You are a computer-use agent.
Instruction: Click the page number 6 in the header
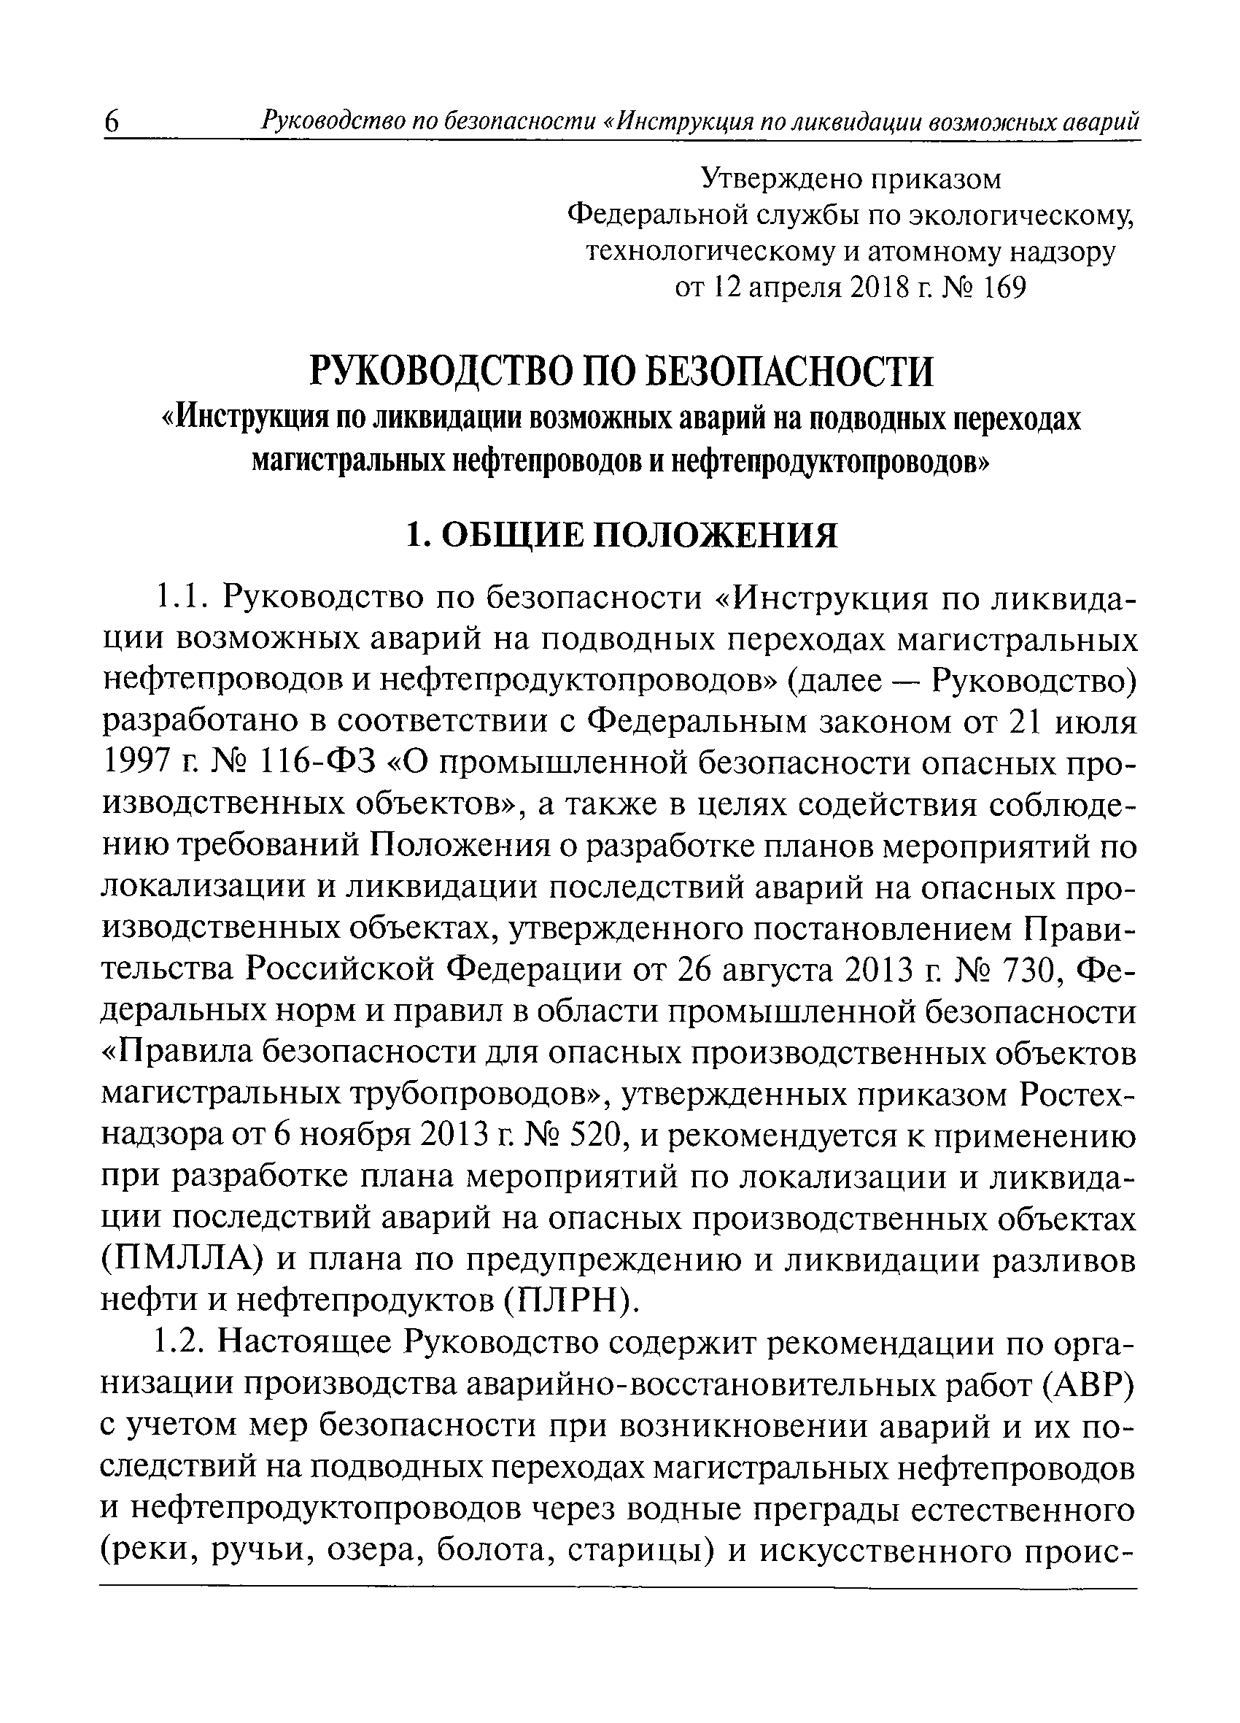point(112,123)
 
